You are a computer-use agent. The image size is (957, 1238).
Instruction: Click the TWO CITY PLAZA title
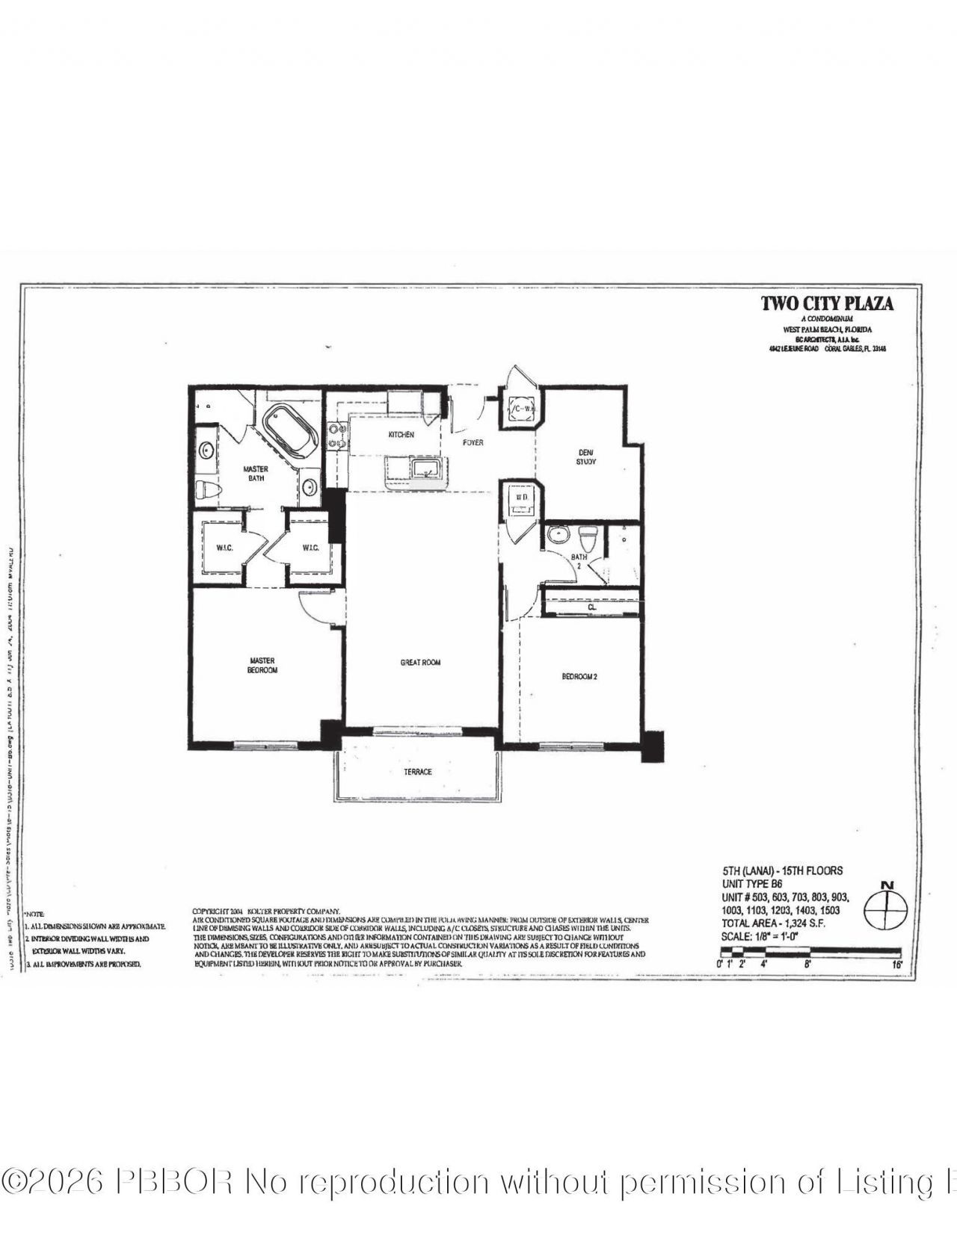827,303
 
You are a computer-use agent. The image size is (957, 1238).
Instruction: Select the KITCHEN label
401,434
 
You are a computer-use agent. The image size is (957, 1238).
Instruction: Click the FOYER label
473,442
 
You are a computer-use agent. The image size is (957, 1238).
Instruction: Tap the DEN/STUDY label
585,456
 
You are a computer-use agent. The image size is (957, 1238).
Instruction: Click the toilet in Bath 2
588,536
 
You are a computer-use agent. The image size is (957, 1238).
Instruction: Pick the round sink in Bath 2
557,535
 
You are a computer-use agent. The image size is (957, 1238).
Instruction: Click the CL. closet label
592,607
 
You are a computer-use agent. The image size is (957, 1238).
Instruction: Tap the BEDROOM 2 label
579,677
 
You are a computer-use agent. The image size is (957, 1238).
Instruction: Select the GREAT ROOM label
420,662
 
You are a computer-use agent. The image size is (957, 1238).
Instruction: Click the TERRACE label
418,772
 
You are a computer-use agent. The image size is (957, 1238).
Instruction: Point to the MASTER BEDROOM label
262,665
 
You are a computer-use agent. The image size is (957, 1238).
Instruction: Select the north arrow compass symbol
887,908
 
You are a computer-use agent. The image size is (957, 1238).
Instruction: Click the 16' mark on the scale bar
897,964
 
